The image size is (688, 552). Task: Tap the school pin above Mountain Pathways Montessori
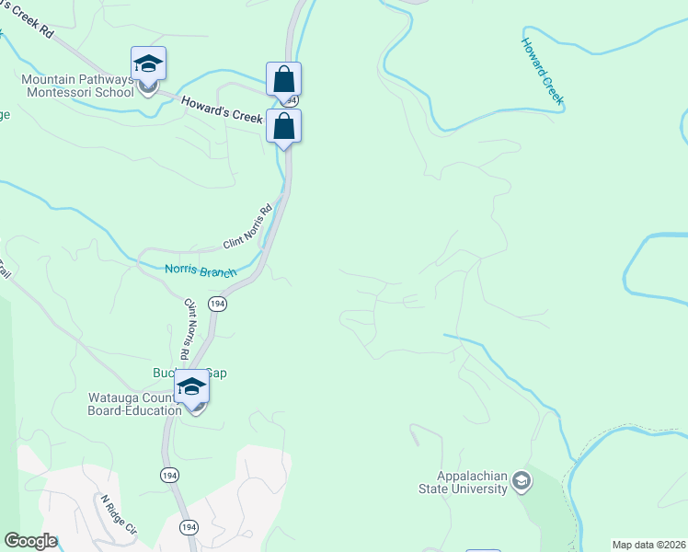pyautogui.click(x=148, y=63)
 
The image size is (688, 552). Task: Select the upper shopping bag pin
pyautogui.click(x=283, y=78)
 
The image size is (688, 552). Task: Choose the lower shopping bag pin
pyautogui.click(x=283, y=126)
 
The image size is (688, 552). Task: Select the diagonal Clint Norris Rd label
pyautogui.click(x=248, y=226)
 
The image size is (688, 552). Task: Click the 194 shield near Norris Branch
pyautogui.click(x=217, y=304)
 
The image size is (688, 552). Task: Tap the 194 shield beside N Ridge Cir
pyautogui.click(x=189, y=527)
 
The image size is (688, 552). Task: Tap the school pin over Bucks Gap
pyautogui.click(x=191, y=386)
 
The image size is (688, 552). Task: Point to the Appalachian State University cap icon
pyautogui.click(x=522, y=481)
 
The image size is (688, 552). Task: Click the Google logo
pyautogui.click(x=30, y=541)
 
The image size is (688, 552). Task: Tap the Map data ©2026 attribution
pyautogui.click(x=649, y=545)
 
